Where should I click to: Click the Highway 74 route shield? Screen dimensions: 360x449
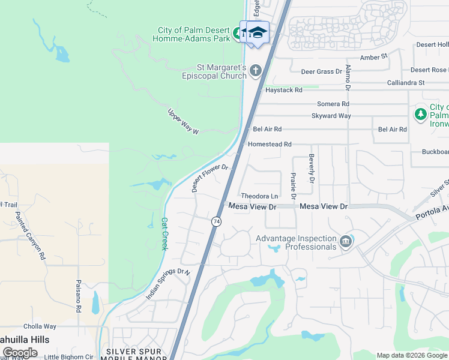click(x=216, y=221)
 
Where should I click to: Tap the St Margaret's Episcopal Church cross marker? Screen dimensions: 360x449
click(x=256, y=71)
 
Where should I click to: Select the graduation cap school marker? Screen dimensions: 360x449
click(x=258, y=32)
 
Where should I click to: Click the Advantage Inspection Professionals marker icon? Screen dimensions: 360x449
click(x=345, y=242)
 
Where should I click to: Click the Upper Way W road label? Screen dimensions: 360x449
click(x=183, y=122)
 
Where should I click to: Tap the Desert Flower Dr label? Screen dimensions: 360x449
click(x=211, y=178)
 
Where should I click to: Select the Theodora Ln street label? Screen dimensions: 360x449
click(x=259, y=196)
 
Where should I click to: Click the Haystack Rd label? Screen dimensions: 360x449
click(x=283, y=90)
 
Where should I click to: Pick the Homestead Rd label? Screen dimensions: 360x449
click(x=270, y=145)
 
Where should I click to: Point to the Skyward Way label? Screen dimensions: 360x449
click(x=331, y=116)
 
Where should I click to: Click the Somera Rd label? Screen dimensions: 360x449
click(x=333, y=104)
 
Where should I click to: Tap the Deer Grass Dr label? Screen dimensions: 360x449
click(x=321, y=71)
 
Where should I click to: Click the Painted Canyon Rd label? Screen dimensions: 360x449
click(x=31, y=235)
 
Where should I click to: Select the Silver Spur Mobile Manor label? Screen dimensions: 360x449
click(x=136, y=354)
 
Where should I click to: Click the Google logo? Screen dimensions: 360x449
click(x=20, y=353)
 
